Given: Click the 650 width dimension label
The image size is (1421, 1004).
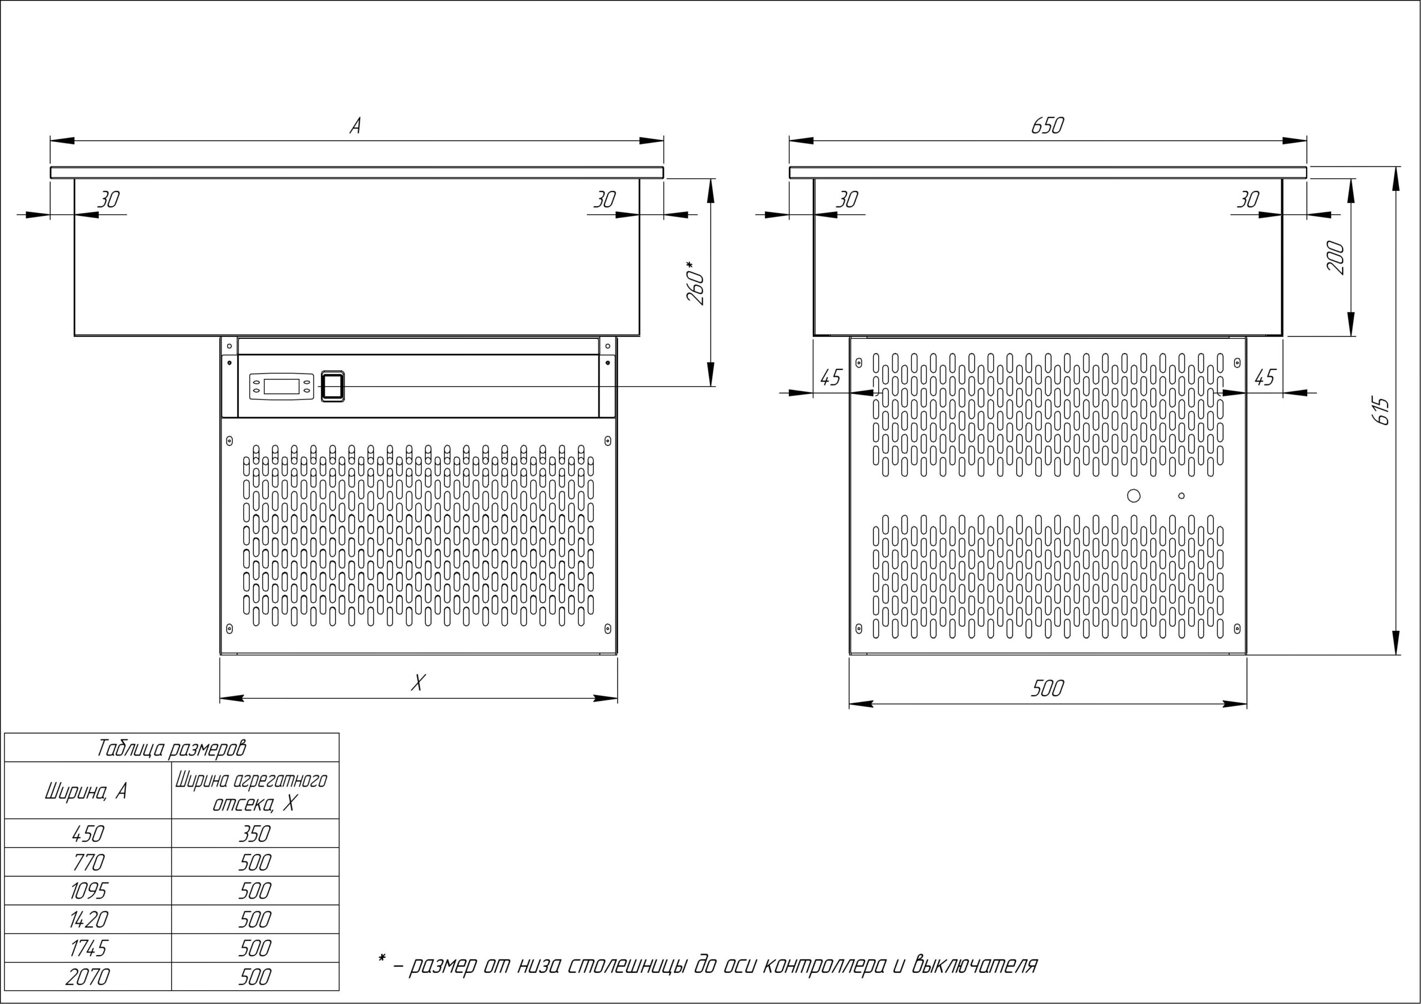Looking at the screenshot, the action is [1047, 125].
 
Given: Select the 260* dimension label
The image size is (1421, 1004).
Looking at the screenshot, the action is [696, 283].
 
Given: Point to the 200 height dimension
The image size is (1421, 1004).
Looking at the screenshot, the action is [1336, 258].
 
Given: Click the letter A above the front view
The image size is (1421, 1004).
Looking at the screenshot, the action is [355, 126].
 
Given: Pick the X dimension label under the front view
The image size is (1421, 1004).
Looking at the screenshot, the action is [419, 683].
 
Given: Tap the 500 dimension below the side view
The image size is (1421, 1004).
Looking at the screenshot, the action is [1047, 688].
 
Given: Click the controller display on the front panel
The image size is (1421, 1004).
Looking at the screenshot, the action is [281, 387].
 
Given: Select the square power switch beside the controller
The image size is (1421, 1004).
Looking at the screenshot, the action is [332, 387].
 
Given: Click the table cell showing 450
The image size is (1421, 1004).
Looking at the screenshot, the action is [88, 834].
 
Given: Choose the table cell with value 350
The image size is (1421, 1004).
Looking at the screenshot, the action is [254, 834].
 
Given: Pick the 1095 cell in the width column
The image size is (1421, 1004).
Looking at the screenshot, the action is [88, 891].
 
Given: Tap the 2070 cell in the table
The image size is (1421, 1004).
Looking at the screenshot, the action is [88, 977].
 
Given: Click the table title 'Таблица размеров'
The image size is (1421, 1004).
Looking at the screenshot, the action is [172, 748].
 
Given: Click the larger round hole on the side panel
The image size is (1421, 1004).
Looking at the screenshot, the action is [1134, 495].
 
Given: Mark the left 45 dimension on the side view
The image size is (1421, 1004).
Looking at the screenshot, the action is [830, 377].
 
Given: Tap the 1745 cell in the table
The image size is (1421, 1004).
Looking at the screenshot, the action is [88, 949].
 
